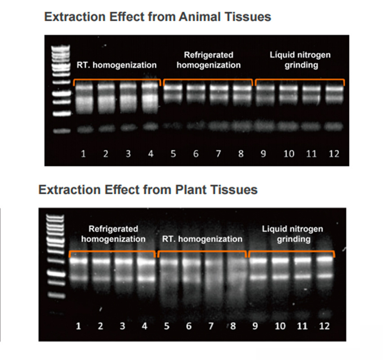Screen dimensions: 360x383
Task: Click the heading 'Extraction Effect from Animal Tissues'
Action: click(157, 18)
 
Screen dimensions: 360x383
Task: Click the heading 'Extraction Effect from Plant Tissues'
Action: click(148, 190)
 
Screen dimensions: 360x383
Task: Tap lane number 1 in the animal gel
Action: click(84, 154)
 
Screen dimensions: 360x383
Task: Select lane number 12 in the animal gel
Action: click(333, 154)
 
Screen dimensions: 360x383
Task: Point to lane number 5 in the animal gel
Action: click(174, 154)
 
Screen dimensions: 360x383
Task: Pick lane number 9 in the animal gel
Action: click(263, 154)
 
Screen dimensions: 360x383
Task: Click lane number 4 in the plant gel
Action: click(144, 326)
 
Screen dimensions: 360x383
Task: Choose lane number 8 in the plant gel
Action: click(233, 326)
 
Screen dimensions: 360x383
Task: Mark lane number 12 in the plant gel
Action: click(324, 326)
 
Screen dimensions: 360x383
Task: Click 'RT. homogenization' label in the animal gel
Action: click(116, 65)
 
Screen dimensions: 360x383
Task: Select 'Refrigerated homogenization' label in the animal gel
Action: click(209, 60)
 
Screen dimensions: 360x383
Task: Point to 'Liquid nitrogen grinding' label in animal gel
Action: click(300, 60)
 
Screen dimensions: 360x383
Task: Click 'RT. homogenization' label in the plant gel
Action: click(202, 239)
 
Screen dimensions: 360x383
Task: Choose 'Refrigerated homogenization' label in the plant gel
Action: click(113, 234)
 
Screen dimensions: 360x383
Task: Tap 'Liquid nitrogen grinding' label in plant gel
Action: click(293, 234)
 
